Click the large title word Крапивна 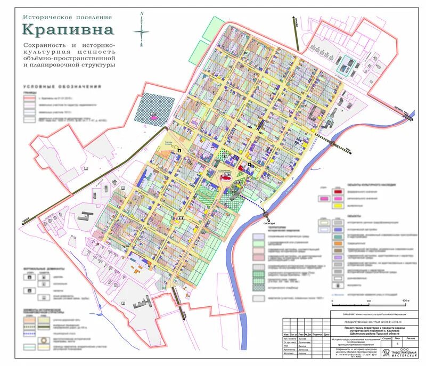coord(68,30)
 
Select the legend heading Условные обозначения coord(62,87)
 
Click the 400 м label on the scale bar coord(406,300)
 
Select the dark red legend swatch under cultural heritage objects coord(337,190)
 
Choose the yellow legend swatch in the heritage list coord(337,204)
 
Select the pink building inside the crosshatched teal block coord(154,115)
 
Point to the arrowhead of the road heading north coord(293,20)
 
